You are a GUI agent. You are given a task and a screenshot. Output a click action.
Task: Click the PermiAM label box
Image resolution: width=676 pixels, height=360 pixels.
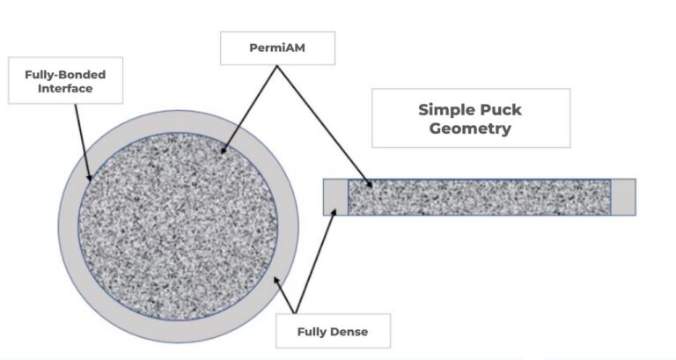click(277, 48)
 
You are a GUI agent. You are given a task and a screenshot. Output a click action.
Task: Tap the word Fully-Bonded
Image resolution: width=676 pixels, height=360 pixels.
click(65, 75)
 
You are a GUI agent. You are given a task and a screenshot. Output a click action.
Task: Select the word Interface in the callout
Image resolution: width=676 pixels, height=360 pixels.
click(65, 88)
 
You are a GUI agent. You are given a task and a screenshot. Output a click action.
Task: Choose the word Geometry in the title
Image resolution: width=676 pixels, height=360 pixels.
click(470, 129)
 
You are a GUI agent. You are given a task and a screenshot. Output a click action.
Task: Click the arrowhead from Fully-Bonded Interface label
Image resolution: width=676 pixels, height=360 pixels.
click(89, 177)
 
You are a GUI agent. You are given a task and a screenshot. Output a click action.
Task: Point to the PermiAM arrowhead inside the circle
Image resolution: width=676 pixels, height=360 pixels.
click(224, 150)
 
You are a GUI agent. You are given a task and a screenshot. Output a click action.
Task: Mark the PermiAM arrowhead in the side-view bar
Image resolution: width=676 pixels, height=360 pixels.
click(369, 184)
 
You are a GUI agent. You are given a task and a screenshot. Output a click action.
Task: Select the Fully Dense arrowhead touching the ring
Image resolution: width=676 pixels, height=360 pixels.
click(276, 281)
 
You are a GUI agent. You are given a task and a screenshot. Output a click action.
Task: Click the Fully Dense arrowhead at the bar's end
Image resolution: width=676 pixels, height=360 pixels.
click(334, 213)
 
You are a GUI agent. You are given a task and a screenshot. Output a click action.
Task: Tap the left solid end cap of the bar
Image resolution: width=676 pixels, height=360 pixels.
click(335, 197)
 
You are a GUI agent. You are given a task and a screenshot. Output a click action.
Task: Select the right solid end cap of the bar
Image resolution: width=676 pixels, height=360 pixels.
click(623, 197)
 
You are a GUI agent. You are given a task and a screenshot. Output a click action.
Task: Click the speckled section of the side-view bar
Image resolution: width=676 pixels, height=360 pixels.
click(480, 197)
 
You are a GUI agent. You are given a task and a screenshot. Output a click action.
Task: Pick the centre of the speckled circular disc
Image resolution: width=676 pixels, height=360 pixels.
click(178, 226)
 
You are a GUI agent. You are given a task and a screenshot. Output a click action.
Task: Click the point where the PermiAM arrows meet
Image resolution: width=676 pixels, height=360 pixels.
click(276, 66)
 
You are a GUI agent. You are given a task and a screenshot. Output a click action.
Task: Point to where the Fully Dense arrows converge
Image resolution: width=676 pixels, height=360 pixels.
click(296, 313)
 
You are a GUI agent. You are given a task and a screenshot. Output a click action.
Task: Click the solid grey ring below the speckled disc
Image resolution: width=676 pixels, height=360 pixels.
click(178, 332)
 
